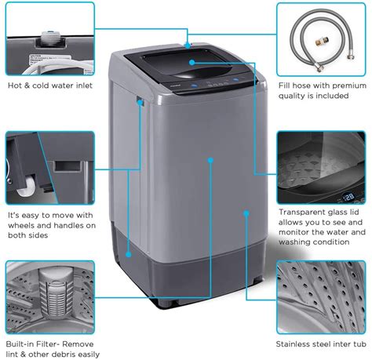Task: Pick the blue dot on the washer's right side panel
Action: pos(246,212)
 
